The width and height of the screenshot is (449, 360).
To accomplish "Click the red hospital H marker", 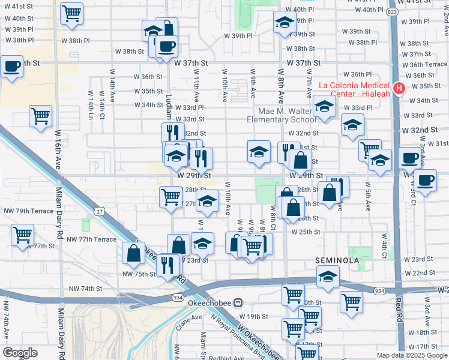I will coord(398,89).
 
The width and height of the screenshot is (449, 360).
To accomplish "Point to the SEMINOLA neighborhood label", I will coord(337,260).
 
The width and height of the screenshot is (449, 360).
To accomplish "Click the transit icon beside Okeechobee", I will coord(238,303).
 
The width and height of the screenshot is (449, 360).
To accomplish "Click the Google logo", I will coord(20,353).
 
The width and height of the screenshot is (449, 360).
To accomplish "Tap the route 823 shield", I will coord(393,12).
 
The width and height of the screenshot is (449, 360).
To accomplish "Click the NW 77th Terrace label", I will coord(91,239).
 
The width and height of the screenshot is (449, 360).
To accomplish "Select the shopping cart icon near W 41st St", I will coord(72,13).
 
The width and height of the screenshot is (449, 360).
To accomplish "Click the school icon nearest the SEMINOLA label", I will coord(328,276).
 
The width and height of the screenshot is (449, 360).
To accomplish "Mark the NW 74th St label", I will coord(84,289).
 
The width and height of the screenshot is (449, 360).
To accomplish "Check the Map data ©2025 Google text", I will coord(411,355).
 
